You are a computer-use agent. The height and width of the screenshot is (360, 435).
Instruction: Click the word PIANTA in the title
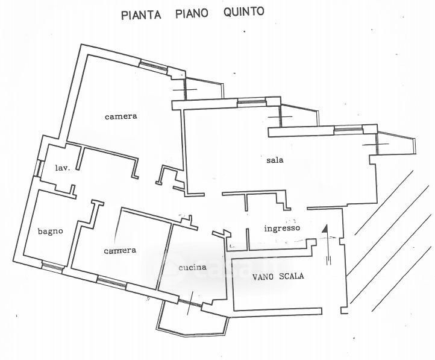(141, 14)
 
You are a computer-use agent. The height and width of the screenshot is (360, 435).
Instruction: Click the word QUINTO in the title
(243, 12)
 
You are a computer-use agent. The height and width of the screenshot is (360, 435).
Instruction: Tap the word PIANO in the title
(192, 13)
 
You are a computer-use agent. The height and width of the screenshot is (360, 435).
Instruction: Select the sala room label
(275, 160)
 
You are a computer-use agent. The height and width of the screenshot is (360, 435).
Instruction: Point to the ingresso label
(282, 229)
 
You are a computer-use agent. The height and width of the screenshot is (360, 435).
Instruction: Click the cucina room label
(193, 267)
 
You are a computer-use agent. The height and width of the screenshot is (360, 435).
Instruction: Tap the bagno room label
(50, 231)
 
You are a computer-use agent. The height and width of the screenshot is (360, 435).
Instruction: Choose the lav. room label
(63, 168)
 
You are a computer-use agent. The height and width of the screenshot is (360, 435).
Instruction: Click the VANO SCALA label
(278, 276)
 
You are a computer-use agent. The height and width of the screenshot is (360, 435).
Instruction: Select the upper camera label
(121, 116)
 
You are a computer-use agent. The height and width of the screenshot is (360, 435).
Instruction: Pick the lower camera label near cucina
(120, 251)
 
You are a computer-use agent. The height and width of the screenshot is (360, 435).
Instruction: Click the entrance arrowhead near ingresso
(325, 229)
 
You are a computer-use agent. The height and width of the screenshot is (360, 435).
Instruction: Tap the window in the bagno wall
(52, 266)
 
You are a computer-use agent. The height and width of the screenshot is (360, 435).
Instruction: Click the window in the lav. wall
(38, 168)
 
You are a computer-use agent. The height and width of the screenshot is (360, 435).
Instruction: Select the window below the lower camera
(112, 283)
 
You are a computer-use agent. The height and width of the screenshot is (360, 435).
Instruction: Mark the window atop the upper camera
(154, 66)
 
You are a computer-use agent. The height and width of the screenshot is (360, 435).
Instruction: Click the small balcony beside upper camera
(204, 88)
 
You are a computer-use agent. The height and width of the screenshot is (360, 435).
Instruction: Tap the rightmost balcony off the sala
(396, 143)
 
